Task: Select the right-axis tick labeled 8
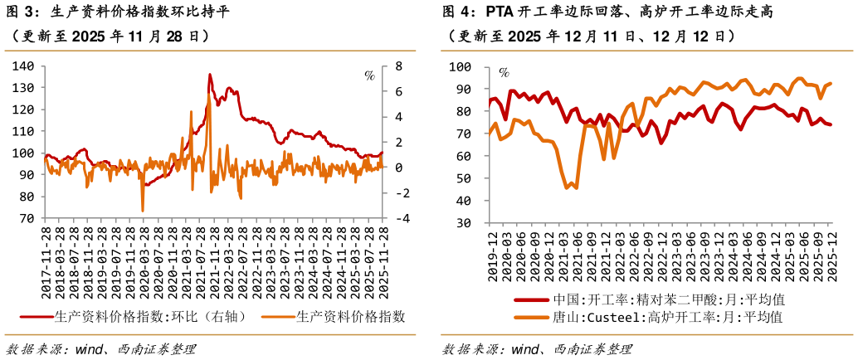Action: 397,66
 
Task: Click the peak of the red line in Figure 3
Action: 209,75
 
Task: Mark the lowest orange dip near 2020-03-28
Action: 143,210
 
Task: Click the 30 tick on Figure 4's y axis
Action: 464,223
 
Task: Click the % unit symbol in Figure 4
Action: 504,73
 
